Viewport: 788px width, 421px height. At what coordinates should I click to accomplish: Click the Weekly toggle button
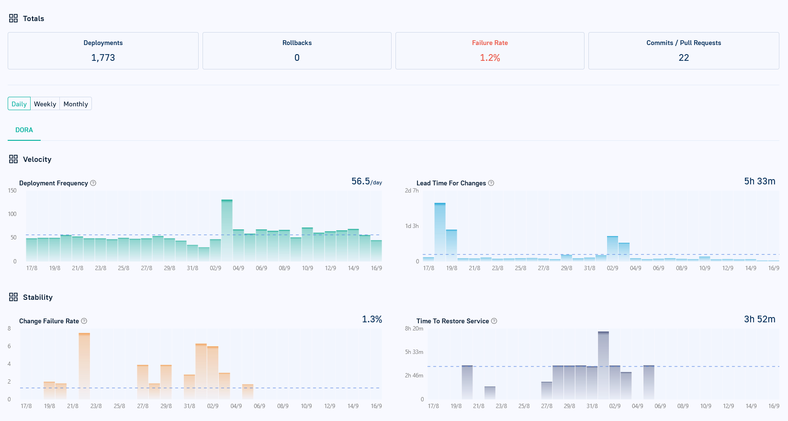[x=45, y=104]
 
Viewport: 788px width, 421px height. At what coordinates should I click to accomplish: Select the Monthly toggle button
[x=76, y=104]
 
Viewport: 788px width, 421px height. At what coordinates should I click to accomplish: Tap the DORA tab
[x=24, y=130]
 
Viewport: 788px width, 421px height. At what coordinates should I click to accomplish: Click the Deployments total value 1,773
[x=103, y=57]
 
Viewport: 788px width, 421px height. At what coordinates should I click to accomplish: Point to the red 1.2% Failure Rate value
[x=490, y=57]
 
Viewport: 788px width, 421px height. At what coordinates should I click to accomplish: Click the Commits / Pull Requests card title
[x=683, y=43]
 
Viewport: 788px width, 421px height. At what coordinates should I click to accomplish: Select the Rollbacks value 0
[x=297, y=57]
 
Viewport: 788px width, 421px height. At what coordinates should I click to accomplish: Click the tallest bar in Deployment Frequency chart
[x=227, y=230]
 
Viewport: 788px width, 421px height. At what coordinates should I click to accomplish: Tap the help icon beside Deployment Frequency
[x=93, y=183]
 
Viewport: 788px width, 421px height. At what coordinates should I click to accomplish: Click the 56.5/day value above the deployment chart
[x=366, y=182]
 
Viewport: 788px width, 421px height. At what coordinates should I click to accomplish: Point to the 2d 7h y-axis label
[x=411, y=191]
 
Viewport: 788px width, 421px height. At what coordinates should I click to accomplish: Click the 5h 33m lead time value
[x=759, y=181]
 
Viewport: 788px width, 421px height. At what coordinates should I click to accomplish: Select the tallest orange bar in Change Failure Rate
[x=84, y=366]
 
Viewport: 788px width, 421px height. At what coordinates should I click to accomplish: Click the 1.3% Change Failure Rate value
[x=371, y=319]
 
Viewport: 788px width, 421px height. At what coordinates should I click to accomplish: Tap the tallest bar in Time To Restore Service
[x=603, y=365]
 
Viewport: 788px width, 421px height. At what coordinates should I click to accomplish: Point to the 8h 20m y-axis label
[x=414, y=329]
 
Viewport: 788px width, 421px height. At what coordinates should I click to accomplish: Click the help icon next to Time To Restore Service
[x=494, y=321]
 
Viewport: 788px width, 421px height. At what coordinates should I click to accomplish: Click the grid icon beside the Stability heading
[x=13, y=297]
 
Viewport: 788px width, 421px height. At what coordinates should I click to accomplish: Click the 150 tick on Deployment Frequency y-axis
[x=12, y=191]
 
